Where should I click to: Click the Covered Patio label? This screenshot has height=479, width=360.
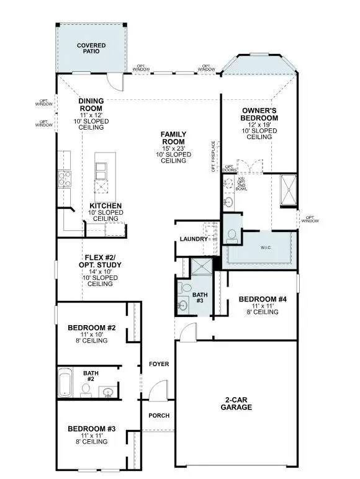coord(91,48)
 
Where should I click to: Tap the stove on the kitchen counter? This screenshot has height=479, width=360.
coord(65,179)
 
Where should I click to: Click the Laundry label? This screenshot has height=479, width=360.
coord(193,239)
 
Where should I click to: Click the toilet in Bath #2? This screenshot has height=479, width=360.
coord(86,389)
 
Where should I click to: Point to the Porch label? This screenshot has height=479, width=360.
coord(158,416)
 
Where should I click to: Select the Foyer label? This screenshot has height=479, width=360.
coord(159,364)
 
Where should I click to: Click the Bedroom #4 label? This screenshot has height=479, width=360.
coord(263,300)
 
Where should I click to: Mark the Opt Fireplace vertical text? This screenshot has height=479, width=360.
coord(213,156)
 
